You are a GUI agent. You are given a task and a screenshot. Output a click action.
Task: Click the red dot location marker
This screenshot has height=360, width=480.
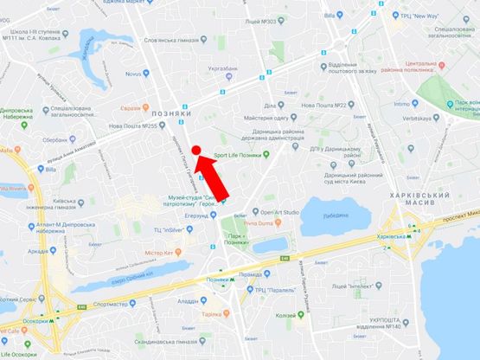(196, 151)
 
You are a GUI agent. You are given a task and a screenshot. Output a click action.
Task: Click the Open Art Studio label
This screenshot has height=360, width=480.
(280, 211)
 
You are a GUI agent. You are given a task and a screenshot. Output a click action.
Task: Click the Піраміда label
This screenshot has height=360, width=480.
(251, 273)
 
